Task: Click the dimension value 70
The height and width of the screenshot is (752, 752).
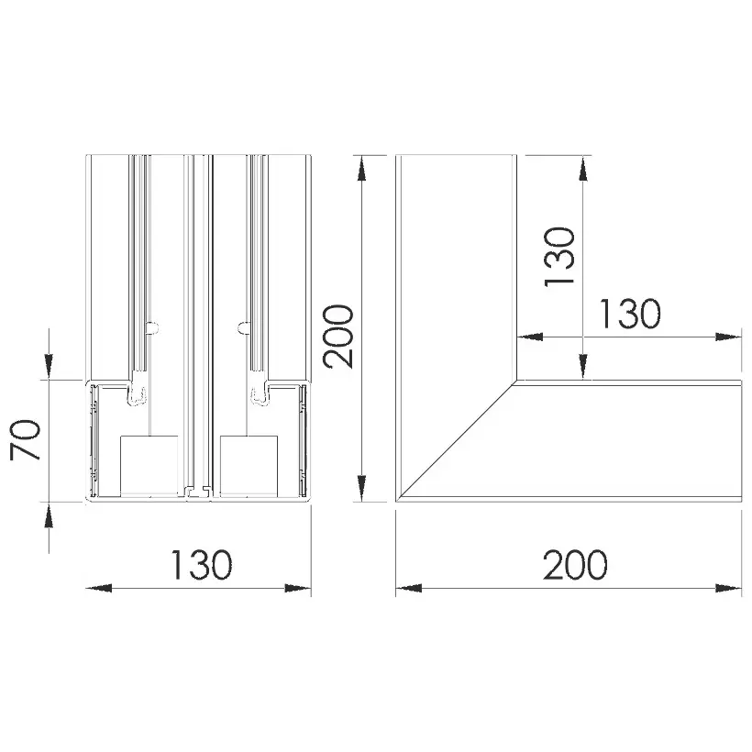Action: click(26, 440)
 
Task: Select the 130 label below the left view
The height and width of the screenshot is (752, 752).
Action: click(202, 565)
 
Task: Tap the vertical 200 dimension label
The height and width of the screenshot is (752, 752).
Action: click(338, 337)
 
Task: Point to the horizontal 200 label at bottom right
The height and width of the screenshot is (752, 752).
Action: click(575, 565)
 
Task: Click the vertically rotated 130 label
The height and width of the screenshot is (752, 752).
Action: click(559, 257)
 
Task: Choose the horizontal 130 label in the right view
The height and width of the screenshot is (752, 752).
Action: click(630, 314)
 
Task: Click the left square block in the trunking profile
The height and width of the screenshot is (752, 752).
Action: click(149, 466)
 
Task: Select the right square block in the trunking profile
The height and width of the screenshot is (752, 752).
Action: click(249, 466)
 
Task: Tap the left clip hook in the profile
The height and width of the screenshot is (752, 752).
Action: click(138, 394)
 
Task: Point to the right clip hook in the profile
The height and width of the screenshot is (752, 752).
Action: click(260, 394)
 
